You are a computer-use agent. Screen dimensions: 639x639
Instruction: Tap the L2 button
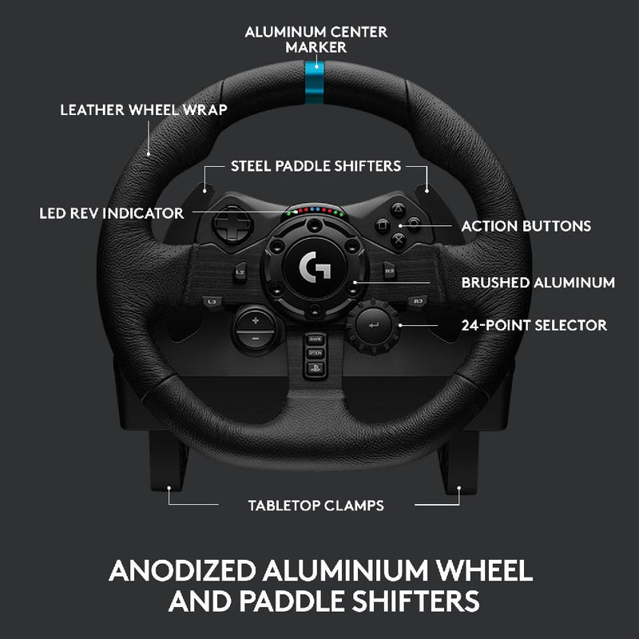point(240,272)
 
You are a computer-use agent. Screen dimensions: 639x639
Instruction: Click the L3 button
point(212,301)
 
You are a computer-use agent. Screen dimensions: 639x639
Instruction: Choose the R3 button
point(417,301)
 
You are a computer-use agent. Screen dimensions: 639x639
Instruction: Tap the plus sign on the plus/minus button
point(255,321)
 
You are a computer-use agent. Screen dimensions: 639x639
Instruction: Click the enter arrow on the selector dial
point(372,324)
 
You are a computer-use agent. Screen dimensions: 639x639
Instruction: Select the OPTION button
point(316,352)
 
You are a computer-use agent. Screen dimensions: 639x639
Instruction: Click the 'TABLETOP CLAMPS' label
point(316,505)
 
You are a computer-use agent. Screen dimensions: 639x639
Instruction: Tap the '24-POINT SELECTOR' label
point(534,325)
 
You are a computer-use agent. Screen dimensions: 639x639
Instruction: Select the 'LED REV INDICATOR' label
point(112,213)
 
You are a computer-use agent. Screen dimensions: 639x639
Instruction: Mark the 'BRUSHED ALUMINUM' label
point(538,282)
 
